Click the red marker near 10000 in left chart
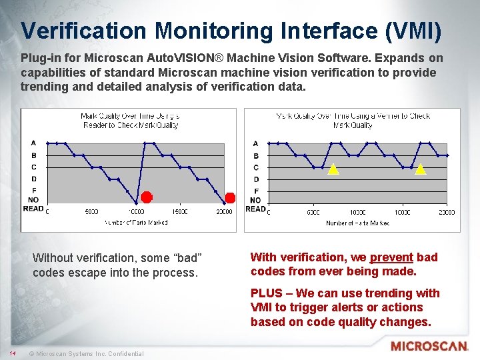(146, 197)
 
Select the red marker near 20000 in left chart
(230, 197)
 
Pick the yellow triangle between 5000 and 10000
(333, 169)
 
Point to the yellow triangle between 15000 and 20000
(420, 169)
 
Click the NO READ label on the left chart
(33, 204)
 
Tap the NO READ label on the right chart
(255, 204)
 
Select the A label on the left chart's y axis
(33, 143)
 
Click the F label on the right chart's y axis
(255, 191)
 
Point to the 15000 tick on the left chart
(179, 212)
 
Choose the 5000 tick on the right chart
(313, 212)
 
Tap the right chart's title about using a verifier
(353, 121)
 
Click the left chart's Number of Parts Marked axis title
(135, 223)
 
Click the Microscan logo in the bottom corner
(429, 346)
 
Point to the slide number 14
(12, 353)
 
